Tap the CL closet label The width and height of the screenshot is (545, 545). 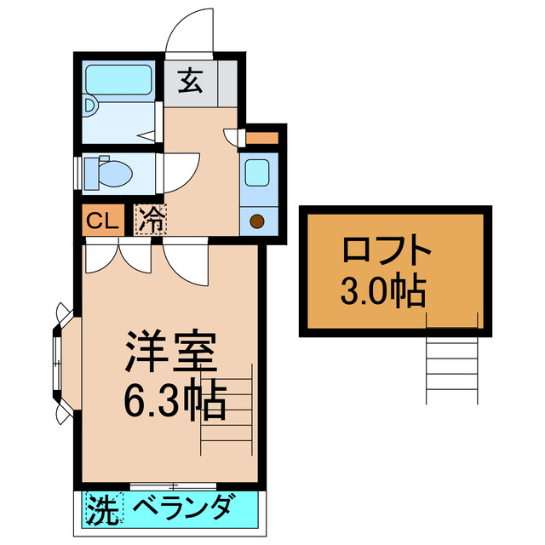[102, 221]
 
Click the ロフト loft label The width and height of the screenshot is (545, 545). [387, 253]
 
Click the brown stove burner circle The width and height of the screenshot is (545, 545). [257, 221]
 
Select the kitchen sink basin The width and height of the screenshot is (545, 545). [258, 174]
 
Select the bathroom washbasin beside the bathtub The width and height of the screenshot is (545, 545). [90, 106]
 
